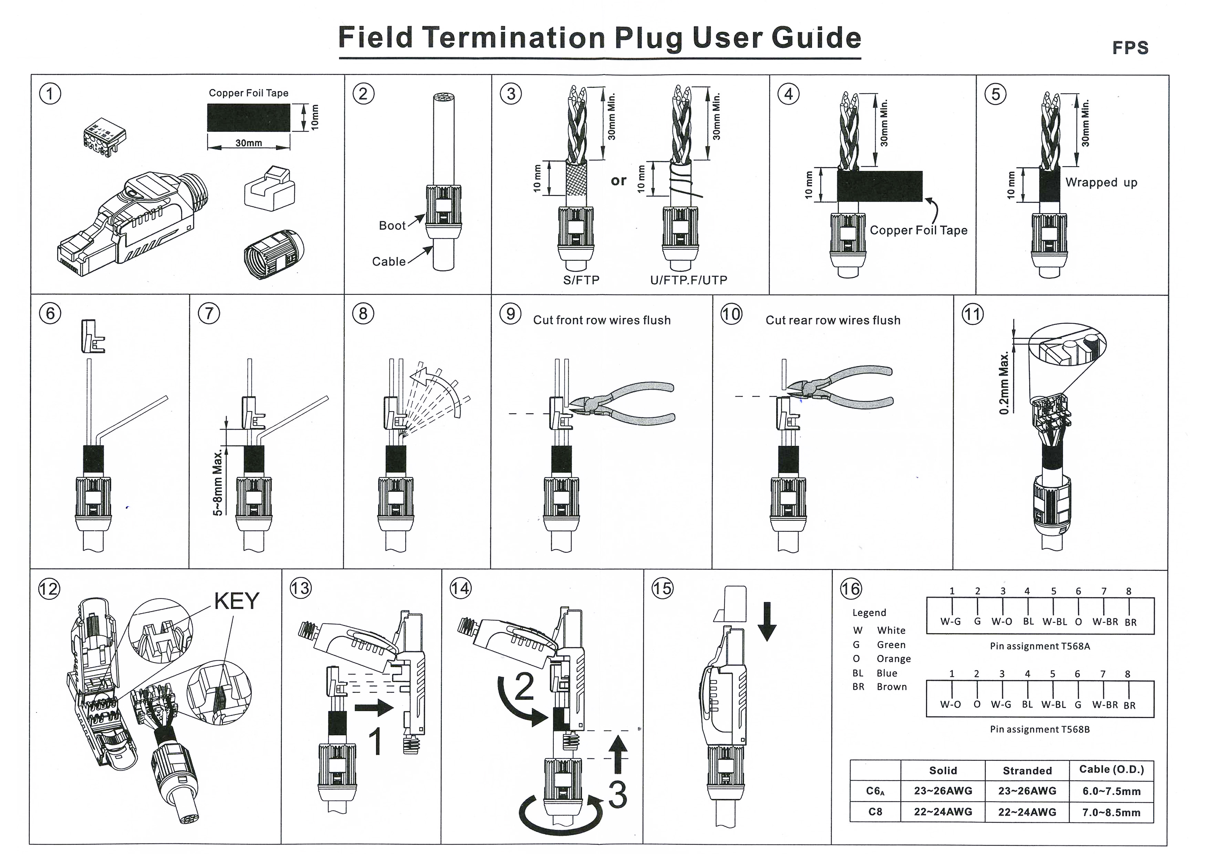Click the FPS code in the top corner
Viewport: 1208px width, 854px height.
[1130, 48]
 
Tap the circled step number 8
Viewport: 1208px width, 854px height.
[363, 314]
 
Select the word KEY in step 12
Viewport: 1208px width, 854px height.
[237, 600]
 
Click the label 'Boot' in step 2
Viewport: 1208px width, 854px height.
[392, 226]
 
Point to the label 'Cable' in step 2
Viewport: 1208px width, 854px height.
[389, 261]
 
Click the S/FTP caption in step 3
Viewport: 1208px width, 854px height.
[581, 280]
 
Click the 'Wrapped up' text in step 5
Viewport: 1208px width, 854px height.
[1101, 183]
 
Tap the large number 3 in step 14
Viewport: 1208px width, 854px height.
[618, 794]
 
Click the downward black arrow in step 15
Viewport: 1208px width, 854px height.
[767, 621]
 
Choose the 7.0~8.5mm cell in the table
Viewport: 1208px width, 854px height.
[1111, 812]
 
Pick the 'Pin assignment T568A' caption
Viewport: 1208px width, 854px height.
[1040, 646]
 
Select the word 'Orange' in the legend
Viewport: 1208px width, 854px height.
[893, 659]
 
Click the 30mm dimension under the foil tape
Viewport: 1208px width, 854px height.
[248, 143]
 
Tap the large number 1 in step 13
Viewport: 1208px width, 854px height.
[375, 742]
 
